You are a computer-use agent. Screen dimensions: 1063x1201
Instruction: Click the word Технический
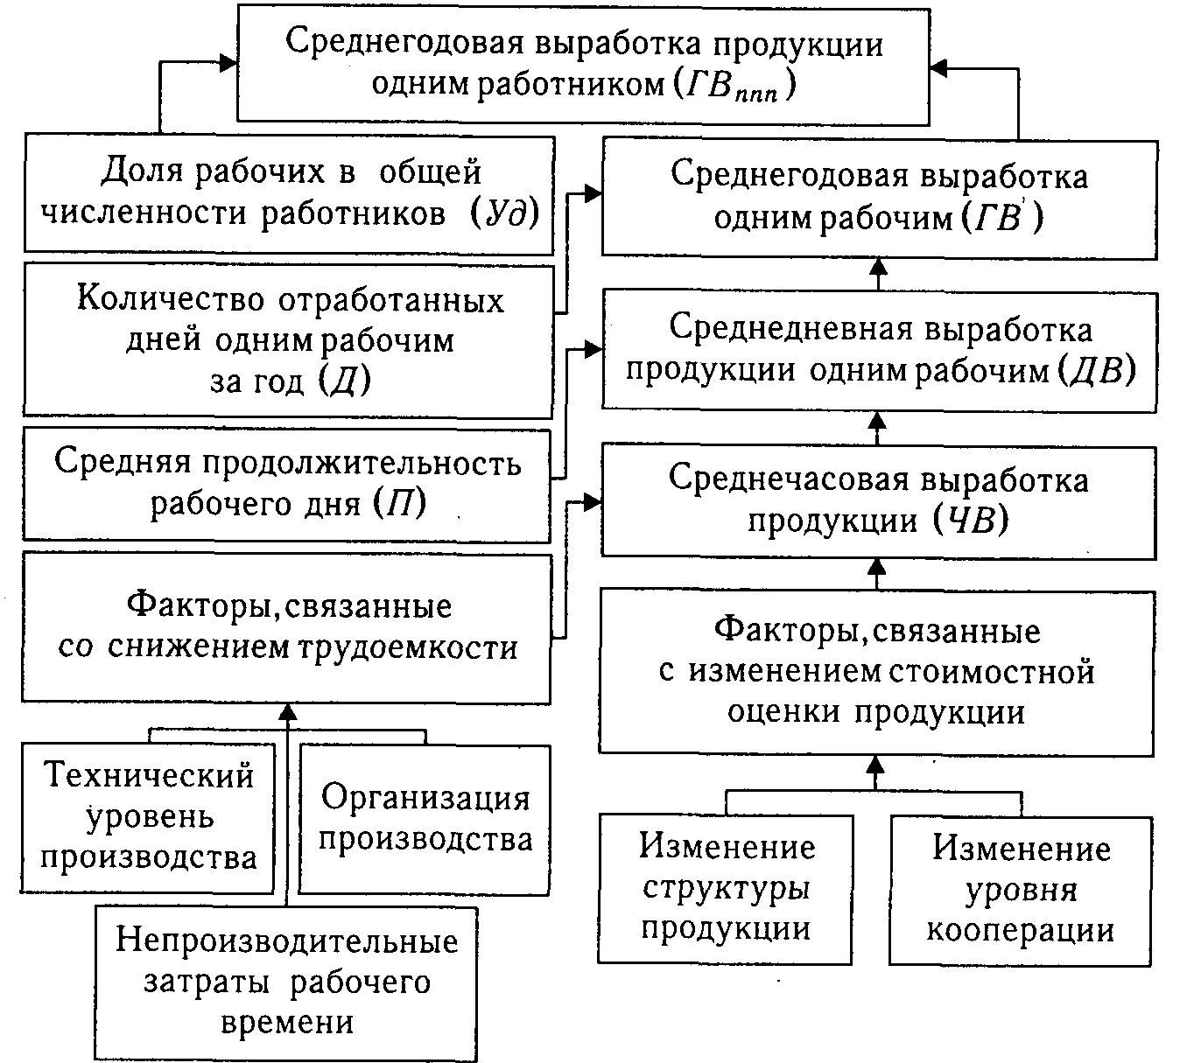click(149, 775)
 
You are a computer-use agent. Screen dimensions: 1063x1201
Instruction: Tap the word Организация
click(425, 798)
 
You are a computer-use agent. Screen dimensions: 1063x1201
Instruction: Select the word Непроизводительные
click(287, 941)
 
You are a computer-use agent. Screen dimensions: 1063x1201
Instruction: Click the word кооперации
click(1021, 930)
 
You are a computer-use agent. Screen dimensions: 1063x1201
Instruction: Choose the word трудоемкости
click(409, 648)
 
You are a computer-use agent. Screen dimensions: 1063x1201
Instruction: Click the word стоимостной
click(992, 672)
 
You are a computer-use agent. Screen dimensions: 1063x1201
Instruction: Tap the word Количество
click(172, 299)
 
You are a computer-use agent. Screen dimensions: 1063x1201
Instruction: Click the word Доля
click(140, 171)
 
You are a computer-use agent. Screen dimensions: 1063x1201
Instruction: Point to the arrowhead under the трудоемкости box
click(287, 714)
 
